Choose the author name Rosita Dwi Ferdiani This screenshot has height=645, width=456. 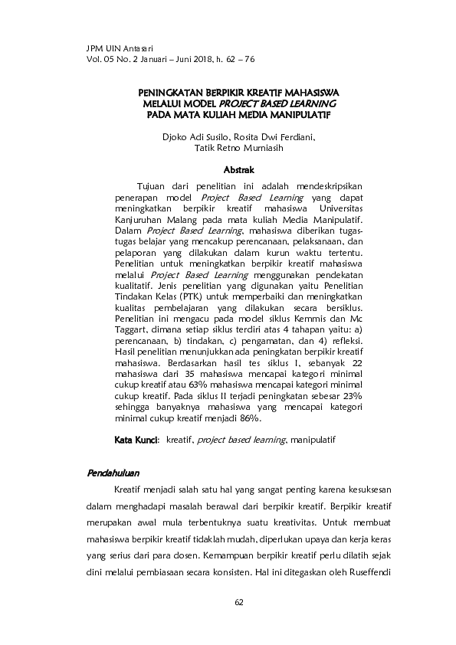264,138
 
